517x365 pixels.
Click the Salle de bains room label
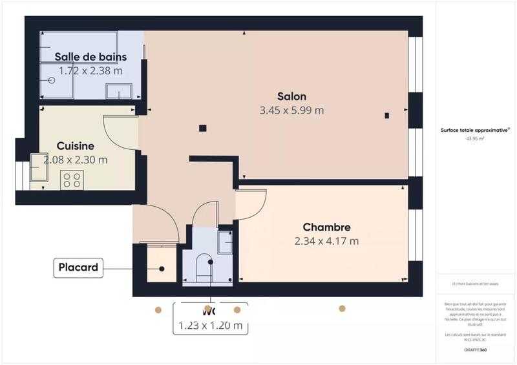(x=90, y=57)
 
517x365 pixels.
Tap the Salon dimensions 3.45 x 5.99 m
(x=291, y=110)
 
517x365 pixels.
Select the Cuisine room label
(x=75, y=146)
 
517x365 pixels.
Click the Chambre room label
(x=326, y=227)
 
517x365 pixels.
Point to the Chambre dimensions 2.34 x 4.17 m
(x=326, y=241)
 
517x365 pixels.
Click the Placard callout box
(x=78, y=267)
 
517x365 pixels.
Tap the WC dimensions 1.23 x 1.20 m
(x=210, y=326)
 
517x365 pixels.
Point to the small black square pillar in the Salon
(x=203, y=127)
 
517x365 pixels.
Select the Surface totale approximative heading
(x=473, y=129)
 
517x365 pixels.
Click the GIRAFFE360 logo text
(x=475, y=348)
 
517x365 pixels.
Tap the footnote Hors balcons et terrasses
(x=474, y=284)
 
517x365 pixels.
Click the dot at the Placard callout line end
(x=162, y=269)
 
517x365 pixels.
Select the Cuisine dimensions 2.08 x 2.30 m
(x=75, y=160)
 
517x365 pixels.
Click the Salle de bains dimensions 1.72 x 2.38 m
(x=90, y=70)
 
